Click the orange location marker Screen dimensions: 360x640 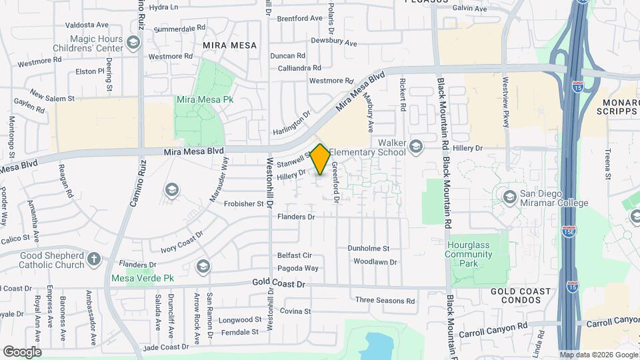point(320,159)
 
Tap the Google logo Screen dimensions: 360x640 point(21,351)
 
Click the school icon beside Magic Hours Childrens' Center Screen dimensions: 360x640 point(133,43)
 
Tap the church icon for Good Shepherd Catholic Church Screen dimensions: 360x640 point(94,259)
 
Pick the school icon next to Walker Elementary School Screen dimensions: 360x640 point(416,147)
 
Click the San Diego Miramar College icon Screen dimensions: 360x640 point(510,197)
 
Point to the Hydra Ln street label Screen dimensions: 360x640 point(164,7)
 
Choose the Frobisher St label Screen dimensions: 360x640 point(244,204)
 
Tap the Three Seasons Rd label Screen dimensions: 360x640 point(385,301)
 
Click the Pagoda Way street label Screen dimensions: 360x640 point(297,268)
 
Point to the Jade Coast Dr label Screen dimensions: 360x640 point(166,347)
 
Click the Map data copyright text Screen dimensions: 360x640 point(598,355)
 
